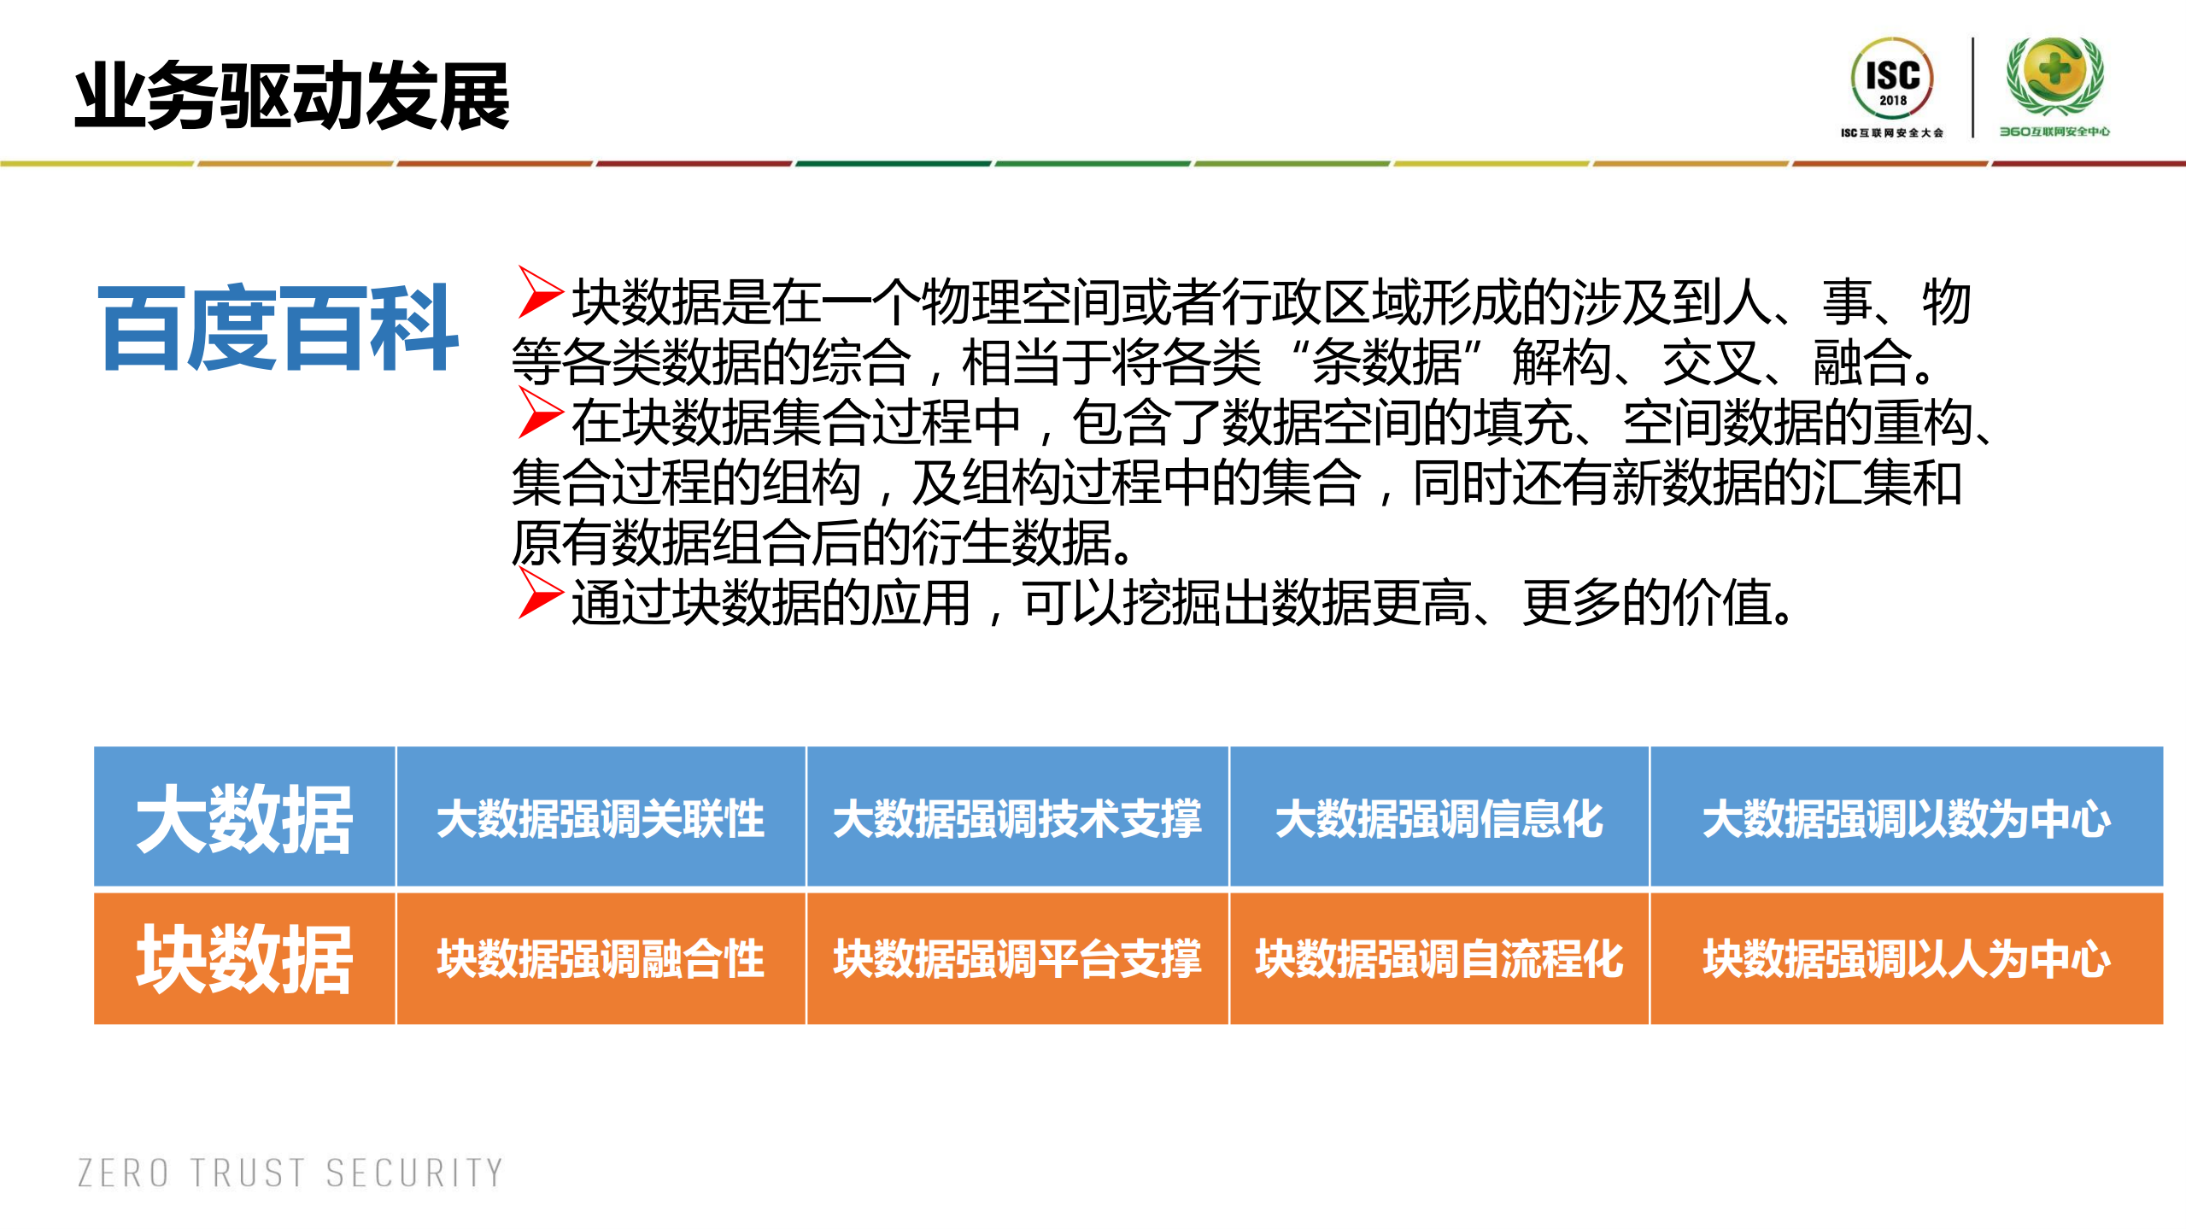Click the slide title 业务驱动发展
click(291, 97)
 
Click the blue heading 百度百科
click(278, 328)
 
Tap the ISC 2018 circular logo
click(1891, 79)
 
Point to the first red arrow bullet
click(539, 293)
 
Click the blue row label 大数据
click(244, 818)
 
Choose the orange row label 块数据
click(244, 958)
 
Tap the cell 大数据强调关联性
click(601, 818)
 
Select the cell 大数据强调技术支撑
click(1017, 818)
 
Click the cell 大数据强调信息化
click(1439, 818)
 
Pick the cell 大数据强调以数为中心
click(1906, 818)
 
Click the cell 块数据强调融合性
click(601, 958)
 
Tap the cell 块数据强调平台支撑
click(1017, 958)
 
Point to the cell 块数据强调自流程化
click(1439, 958)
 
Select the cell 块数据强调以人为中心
click(1906, 958)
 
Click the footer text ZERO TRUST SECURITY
click(290, 1173)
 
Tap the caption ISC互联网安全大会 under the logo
click(1891, 132)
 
